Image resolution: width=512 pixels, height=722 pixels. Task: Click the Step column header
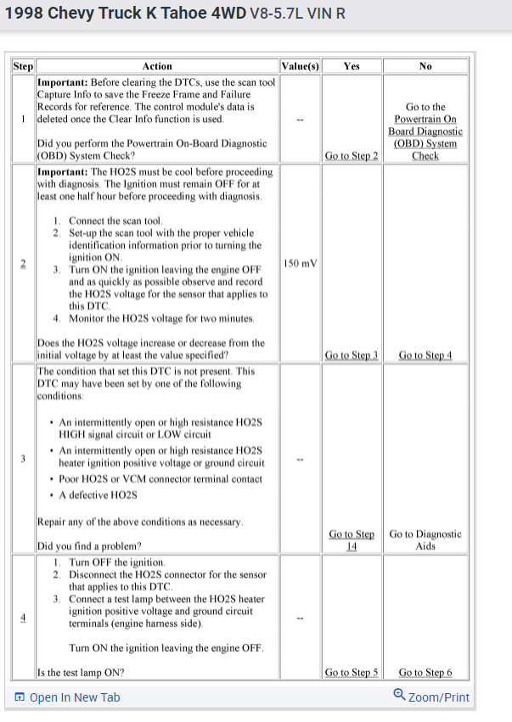(x=23, y=66)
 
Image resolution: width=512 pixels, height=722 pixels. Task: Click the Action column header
(x=157, y=66)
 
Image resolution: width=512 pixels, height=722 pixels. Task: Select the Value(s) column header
(x=300, y=66)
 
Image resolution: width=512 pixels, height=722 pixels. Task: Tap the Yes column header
(x=351, y=66)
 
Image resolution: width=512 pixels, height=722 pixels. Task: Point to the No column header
(x=425, y=66)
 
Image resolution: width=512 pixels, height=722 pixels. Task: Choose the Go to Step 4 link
(x=425, y=355)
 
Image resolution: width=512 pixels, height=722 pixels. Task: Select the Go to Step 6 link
(x=425, y=673)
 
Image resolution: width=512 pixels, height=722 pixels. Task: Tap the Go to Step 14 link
(x=352, y=540)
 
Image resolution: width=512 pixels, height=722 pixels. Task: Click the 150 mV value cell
(x=300, y=263)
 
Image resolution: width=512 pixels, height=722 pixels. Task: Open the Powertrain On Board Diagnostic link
(x=425, y=131)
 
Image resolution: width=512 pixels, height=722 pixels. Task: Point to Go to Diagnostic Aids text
(x=425, y=540)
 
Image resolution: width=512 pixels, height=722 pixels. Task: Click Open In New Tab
(x=67, y=697)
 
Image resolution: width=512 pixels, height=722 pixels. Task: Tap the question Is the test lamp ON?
(x=82, y=673)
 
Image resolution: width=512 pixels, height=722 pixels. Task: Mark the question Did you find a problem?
(x=89, y=546)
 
